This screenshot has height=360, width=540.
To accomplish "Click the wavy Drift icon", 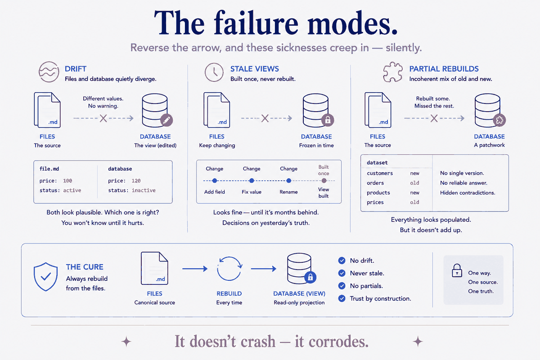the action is (x=49, y=72).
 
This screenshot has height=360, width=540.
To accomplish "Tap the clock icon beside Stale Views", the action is (x=214, y=72).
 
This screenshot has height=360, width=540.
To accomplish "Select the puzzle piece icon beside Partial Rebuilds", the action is (x=393, y=72).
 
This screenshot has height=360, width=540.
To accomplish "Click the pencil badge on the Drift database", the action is (x=166, y=120).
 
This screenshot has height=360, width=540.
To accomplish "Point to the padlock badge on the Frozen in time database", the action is (x=328, y=120).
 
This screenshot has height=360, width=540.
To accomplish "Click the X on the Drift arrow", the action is (x=103, y=118).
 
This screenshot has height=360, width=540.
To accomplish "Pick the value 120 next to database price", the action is (x=136, y=181).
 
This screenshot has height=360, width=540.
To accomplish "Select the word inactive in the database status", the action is (x=144, y=190).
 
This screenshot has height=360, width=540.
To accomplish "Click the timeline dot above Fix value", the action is (x=252, y=180).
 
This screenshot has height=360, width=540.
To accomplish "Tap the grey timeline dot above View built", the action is (x=324, y=180).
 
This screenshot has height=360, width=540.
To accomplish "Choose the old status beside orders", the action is (x=414, y=183).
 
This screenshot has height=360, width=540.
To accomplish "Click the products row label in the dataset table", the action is (x=378, y=193).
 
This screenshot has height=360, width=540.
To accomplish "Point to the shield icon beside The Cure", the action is (x=45, y=277).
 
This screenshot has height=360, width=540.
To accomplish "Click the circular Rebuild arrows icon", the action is (x=229, y=268).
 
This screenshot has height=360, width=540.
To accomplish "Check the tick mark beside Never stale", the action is (x=342, y=273).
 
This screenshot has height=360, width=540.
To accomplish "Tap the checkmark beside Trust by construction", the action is (x=342, y=298).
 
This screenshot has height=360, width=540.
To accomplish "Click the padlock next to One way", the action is (x=457, y=270).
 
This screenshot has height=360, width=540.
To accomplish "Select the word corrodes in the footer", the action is (x=332, y=342).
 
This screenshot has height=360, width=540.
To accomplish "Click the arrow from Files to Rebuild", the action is (x=195, y=269).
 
